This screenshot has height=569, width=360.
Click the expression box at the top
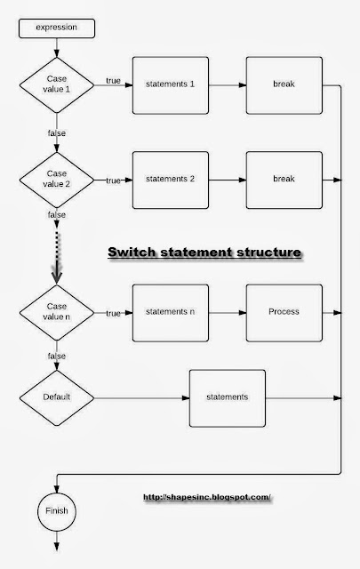(56, 28)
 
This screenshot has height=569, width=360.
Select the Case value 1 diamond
(56, 86)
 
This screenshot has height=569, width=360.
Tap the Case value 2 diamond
(56, 180)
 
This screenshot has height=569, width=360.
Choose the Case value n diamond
(56, 312)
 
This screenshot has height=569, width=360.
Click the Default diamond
(56, 396)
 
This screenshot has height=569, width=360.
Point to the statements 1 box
(170, 85)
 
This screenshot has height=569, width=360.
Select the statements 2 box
(170, 180)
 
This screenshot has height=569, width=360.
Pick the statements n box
(170, 312)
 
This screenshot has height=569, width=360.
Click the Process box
(283, 312)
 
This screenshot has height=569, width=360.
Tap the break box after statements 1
(283, 85)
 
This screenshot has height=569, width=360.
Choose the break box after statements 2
(283, 180)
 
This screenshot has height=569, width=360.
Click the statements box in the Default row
(228, 396)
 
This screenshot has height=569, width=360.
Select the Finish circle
(56, 512)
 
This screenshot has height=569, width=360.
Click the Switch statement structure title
(204, 253)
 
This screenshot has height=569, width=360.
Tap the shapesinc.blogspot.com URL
(205, 497)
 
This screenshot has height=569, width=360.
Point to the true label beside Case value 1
(113, 81)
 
